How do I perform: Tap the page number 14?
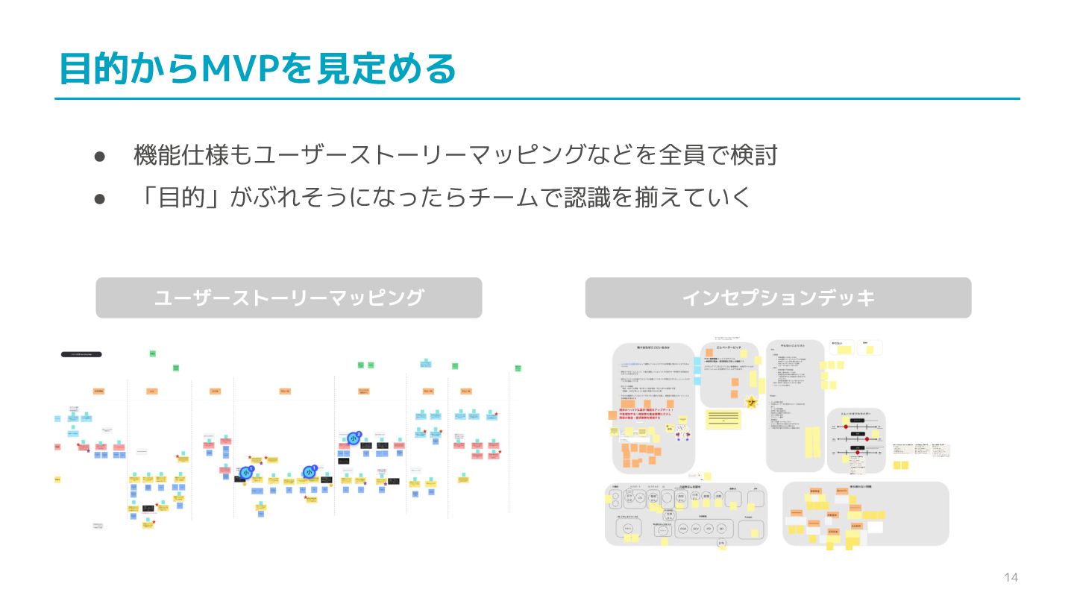pos(1011,578)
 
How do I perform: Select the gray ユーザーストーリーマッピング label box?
pos(289,298)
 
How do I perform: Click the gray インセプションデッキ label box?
pos(778,298)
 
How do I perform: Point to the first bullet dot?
pos(100,156)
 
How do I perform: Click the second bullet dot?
pos(100,198)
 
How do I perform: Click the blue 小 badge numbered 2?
pos(354,438)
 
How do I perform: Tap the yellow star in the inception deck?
pos(751,403)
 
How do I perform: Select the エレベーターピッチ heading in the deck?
pos(728,348)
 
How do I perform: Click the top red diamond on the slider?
pos(847,427)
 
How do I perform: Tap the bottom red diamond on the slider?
pos(857,453)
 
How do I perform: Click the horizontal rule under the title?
pos(537,98)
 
